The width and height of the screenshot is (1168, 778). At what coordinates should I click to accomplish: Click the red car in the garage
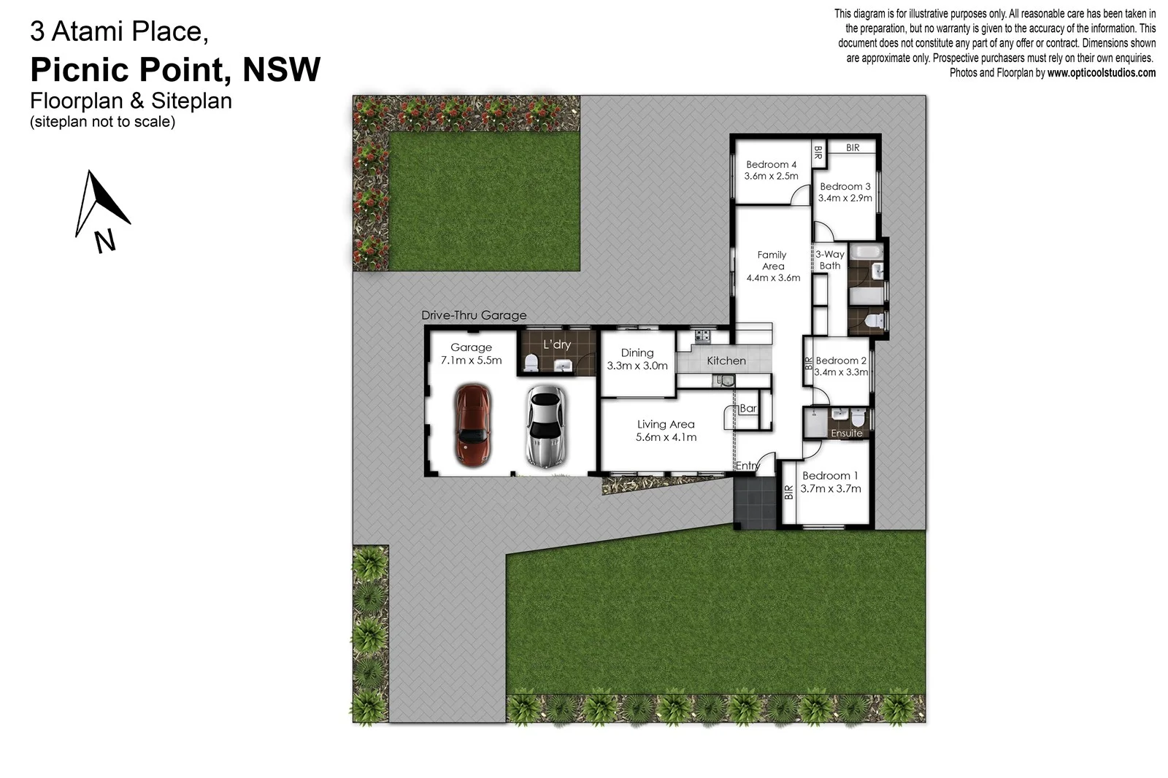472,425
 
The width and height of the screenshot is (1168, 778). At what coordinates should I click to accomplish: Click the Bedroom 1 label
830,476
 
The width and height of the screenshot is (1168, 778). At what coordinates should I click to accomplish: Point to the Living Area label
666,425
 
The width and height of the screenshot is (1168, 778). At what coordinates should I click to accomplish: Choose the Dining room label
637,353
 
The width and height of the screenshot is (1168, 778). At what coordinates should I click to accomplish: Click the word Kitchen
726,361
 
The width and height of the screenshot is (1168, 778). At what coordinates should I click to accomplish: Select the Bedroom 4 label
771,165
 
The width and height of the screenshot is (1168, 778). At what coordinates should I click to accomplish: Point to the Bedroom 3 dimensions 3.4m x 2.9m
845,198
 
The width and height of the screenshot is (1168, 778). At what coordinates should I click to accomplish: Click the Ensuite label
847,434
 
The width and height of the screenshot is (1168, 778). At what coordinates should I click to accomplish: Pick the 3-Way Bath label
830,260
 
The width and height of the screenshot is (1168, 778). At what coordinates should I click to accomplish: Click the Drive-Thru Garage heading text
474,315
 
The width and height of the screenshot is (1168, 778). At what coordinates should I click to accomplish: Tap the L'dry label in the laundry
557,344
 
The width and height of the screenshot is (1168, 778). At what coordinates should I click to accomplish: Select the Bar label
748,409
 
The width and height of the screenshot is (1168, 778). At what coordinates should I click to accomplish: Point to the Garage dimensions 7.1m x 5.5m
471,361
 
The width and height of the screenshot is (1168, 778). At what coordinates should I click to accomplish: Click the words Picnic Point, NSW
175,70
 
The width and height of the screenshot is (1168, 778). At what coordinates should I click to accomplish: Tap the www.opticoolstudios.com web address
1101,73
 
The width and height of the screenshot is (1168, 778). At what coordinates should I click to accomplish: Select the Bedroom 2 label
841,361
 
